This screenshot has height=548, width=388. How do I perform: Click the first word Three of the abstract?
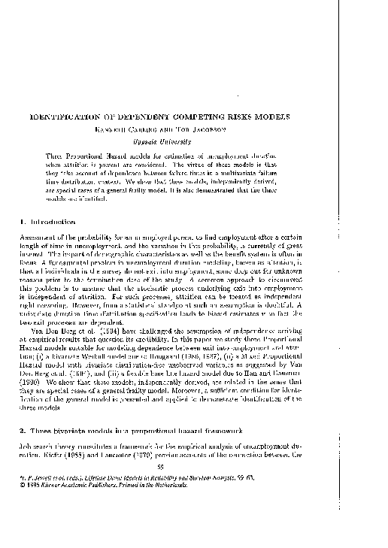[58, 154]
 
